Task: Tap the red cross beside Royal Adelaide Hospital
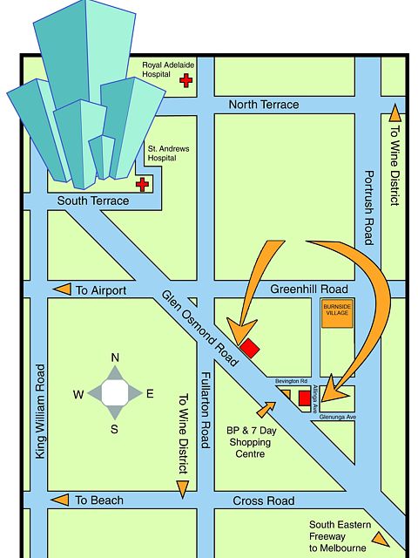[185, 81]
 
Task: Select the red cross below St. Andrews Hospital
[142, 184]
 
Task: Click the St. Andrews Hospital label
[168, 153]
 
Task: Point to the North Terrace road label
[263, 105]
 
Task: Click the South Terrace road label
[92, 201]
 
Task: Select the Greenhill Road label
[308, 289]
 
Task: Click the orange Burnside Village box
[336, 315]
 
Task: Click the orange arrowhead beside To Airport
[61, 289]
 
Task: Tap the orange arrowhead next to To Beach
[59, 500]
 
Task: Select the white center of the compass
[114, 393]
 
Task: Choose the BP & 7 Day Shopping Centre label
[251, 442]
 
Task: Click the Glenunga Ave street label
[340, 417]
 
